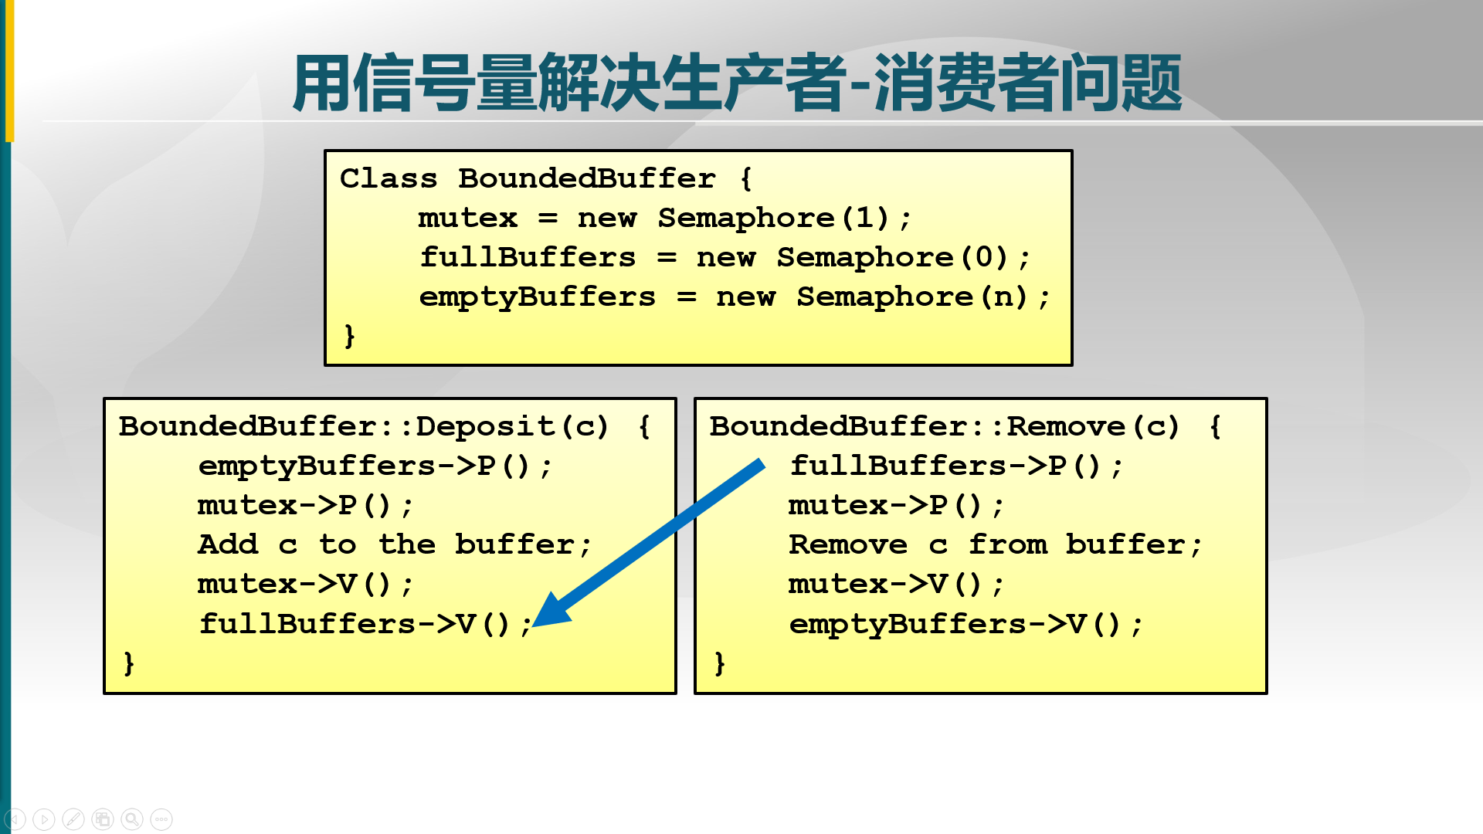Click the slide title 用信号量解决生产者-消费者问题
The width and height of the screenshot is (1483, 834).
pyautogui.click(x=737, y=83)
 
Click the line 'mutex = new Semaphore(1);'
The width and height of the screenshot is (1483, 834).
pyautogui.click(x=664, y=219)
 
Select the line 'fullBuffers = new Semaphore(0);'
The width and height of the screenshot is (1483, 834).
pyautogui.click(x=725, y=258)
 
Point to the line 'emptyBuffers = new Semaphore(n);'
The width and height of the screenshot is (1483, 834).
pyautogui.click(x=734, y=297)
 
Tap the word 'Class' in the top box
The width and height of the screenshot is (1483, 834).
pyautogui.click(x=389, y=179)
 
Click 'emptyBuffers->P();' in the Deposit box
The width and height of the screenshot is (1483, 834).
pyautogui.click(x=375, y=466)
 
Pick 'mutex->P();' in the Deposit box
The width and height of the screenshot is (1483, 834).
pyautogui.click(x=305, y=506)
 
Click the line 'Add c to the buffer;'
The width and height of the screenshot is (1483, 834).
pyautogui.click(x=394, y=545)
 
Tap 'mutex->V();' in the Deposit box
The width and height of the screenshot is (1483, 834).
pyautogui.click(x=305, y=585)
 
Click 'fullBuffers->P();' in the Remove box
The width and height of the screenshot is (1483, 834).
pyautogui.click(x=955, y=466)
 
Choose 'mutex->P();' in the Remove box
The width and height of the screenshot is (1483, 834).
pyautogui.click(x=896, y=506)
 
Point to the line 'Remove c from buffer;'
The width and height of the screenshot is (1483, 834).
pyautogui.click(x=995, y=545)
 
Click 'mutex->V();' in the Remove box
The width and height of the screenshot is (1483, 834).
pyautogui.click(x=896, y=585)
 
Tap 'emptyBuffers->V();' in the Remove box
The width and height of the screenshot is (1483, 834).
pyautogui.click(x=965, y=624)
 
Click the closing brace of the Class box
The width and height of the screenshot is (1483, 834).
pyautogui.click(x=350, y=336)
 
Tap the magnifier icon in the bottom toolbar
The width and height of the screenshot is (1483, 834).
pyautogui.click(x=132, y=819)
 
